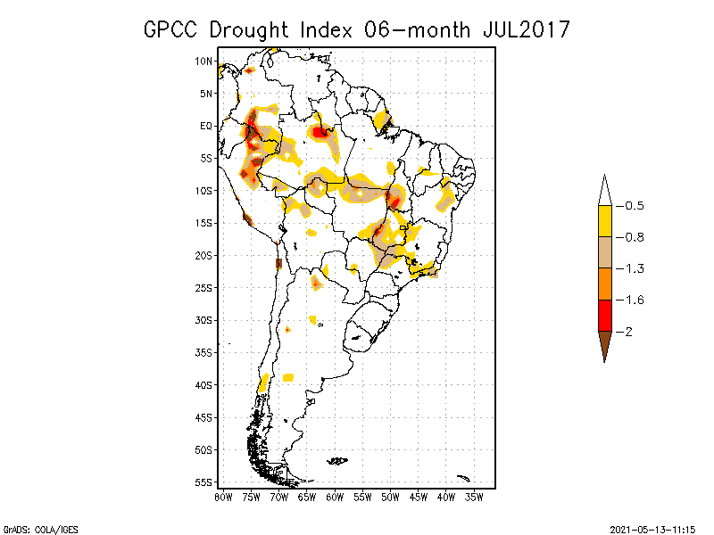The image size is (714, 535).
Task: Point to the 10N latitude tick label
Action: click(204, 61)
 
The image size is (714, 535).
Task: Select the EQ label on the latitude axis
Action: click(206, 126)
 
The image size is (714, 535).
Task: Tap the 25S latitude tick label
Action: click(204, 287)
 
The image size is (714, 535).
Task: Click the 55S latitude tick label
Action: click(204, 481)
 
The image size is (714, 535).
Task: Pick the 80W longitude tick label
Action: click(223, 496)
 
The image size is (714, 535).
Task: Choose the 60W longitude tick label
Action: click(334, 496)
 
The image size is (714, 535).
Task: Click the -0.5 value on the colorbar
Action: click(630, 206)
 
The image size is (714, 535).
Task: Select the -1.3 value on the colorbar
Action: click(630, 268)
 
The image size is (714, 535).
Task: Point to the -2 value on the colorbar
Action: click(627, 332)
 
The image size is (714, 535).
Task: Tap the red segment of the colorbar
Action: click(604, 315)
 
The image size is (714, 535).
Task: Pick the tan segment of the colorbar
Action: click(604, 252)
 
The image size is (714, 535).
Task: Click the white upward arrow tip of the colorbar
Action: click(604, 190)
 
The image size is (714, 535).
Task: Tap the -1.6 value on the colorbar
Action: click(630, 300)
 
